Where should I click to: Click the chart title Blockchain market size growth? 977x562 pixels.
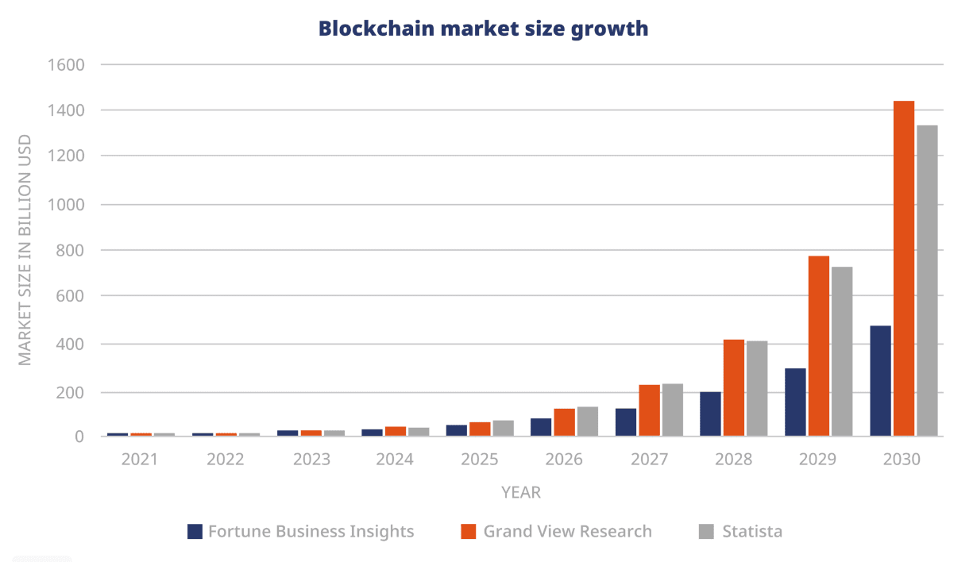click(483, 29)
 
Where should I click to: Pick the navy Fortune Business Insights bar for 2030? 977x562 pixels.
click(880, 380)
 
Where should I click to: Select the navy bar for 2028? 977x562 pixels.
click(711, 414)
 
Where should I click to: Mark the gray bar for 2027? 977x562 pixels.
click(673, 410)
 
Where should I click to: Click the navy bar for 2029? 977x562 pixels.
click(795, 402)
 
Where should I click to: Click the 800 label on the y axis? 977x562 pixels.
click(70, 251)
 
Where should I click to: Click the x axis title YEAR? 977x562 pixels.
click(521, 493)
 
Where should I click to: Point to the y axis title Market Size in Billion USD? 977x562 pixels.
click(25, 250)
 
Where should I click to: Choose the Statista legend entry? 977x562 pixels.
click(751, 532)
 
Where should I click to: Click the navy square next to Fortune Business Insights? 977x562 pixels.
click(195, 532)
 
